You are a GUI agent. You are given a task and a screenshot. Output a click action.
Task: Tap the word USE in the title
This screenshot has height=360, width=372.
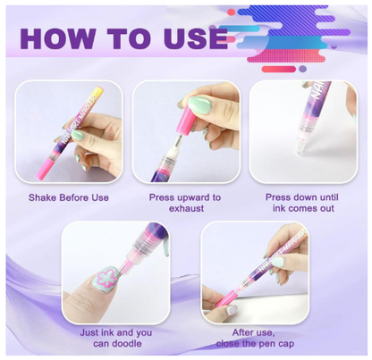[190, 39]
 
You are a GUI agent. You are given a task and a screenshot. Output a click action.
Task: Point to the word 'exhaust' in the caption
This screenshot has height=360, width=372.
[186, 209]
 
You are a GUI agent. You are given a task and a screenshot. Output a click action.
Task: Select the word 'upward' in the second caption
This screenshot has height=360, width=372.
[192, 197]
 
